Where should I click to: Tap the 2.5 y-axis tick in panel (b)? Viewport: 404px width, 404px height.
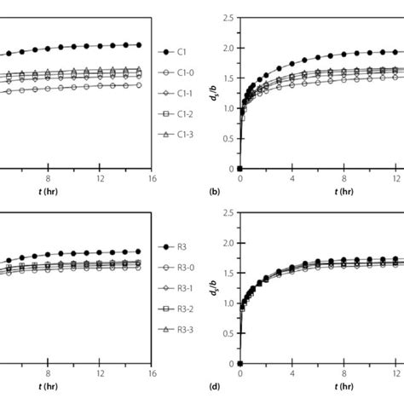pyautogui.click(x=228, y=18)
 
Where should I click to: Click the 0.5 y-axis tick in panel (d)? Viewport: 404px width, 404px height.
pyautogui.click(x=228, y=333)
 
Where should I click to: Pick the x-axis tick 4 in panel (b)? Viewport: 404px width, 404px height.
pyautogui.click(x=292, y=179)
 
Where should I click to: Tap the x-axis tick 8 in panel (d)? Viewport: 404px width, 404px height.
pyautogui.click(x=343, y=373)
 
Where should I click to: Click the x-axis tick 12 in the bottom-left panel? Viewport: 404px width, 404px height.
pyautogui.click(x=101, y=373)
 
